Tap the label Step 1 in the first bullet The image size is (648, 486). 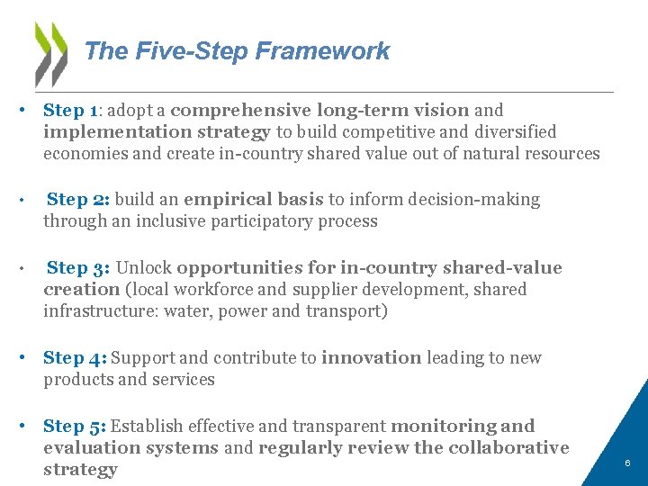pos(70,111)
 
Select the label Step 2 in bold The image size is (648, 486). pos(79,199)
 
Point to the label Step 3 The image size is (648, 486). pos(79,267)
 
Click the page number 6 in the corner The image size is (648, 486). pos(627,463)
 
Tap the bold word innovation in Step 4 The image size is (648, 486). pos(371,357)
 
